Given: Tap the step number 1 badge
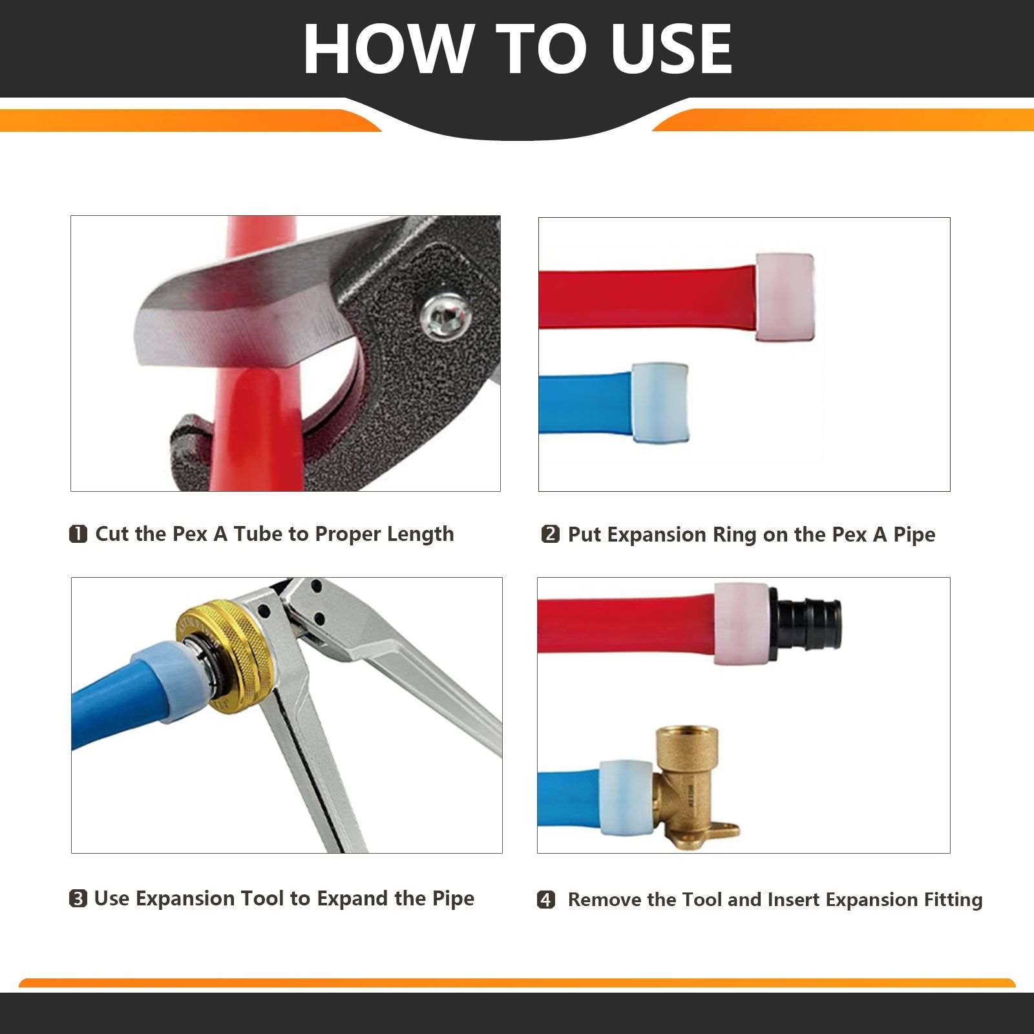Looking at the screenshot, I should tap(78, 534).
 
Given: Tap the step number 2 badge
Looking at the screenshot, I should tap(550, 534).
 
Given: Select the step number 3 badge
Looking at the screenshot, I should tap(78, 899).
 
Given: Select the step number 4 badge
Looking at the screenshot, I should tap(546, 900).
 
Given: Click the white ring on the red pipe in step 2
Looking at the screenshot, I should tap(785, 297).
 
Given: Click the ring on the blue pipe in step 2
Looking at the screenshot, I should tap(660, 403).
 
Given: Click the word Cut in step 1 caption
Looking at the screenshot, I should tap(113, 534).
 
